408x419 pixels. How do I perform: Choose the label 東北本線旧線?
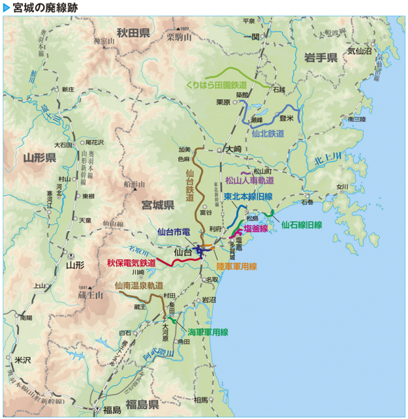point(247,196)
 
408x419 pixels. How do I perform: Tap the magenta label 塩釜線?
point(255,228)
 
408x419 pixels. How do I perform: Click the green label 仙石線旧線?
point(301,225)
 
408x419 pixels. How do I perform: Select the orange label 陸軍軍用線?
point(236,266)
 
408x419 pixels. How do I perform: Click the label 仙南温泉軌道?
point(138,285)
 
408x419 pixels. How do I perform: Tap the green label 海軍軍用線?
point(207,332)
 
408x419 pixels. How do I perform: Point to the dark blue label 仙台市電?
point(174,232)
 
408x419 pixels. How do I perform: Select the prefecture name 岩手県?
point(321,58)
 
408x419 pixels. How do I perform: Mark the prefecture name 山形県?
point(39,158)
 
